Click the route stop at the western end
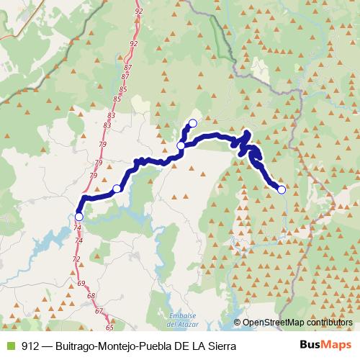tap(78, 216)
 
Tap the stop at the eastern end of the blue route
tap(282, 189)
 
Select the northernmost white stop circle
tap(192, 122)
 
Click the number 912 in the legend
tap(31, 346)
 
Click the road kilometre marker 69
tap(81, 284)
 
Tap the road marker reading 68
tap(91, 297)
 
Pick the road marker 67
tap(99, 310)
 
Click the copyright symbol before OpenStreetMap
tap(237, 322)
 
